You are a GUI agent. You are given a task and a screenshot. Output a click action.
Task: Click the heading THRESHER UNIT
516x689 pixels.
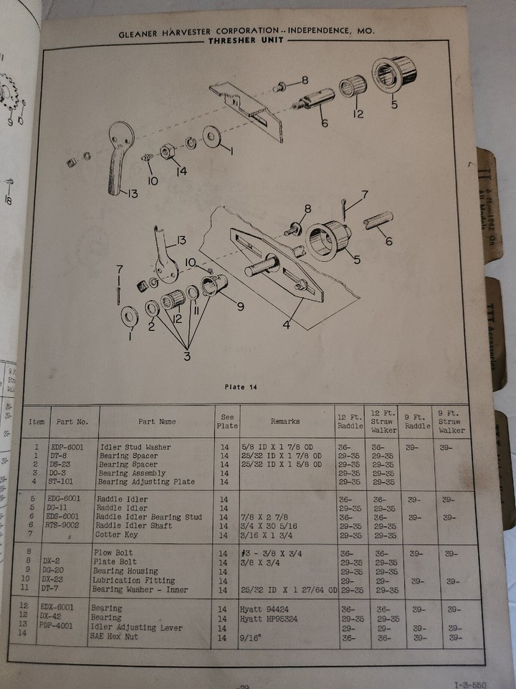click(246, 41)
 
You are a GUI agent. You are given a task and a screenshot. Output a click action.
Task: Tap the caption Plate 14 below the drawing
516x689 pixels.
click(240, 387)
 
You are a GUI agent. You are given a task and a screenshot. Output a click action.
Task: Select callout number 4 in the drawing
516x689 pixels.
click(286, 325)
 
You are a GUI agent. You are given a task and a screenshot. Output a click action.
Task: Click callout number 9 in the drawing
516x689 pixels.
click(240, 306)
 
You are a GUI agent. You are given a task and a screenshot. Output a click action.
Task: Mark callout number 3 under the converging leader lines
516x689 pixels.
click(186, 356)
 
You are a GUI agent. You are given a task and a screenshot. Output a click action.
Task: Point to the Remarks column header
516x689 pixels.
click(289, 421)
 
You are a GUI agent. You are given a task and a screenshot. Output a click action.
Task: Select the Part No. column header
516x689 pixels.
click(72, 422)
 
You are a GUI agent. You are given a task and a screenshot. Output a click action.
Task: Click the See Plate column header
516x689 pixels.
click(227, 421)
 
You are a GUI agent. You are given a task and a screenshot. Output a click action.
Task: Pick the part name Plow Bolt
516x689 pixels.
click(115, 553)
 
